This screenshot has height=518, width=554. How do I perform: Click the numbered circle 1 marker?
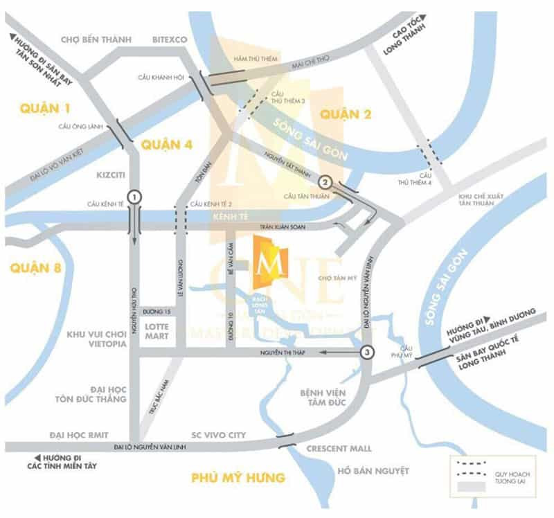(134, 196)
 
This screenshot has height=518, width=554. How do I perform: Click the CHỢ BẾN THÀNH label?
(97, 39)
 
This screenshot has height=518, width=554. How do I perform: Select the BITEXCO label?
(170, 39)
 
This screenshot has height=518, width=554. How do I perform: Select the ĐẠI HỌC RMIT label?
(75, 435)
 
